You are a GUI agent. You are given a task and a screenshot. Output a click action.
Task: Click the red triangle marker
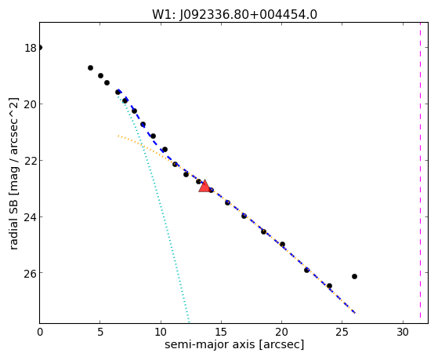click(205, 187)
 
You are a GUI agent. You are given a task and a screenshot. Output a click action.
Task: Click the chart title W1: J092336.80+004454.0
click(234, 15)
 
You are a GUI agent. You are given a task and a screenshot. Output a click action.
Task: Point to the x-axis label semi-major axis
click(210, 344)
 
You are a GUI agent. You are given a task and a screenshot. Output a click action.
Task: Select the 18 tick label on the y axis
click(31, 48)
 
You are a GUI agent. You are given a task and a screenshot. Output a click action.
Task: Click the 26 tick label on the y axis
click(31, 273)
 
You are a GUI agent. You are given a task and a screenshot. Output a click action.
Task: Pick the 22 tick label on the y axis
click(31, 161)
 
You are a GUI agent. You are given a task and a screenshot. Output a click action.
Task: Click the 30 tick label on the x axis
click(403, 333)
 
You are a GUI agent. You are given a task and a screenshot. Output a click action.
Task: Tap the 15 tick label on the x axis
click(221, 333)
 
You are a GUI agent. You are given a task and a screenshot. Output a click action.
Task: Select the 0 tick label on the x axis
click(40, 333)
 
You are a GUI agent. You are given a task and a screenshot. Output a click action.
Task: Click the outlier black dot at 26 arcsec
click(354, 276)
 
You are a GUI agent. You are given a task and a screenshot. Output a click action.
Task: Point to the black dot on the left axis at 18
click(40, 48)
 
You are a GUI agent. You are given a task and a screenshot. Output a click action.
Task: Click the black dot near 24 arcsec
click(329, 285)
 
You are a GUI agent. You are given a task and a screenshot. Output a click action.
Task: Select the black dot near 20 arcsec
click(282, 244)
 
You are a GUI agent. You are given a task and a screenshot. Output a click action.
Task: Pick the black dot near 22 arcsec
click(306, 270)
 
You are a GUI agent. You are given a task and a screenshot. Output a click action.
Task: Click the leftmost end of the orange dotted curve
click(118, 136)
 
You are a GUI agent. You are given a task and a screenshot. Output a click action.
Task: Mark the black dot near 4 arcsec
click(90, 67)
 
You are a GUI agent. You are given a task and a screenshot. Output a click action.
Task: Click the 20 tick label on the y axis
click(31, 104)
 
